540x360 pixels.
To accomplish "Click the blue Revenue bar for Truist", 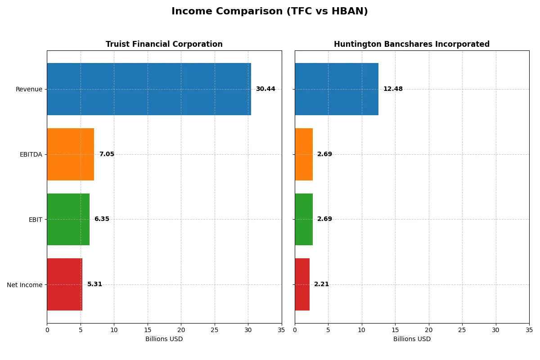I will point(148,89).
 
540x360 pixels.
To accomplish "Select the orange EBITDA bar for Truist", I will point(70,154).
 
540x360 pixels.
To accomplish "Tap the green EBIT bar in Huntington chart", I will point(304,219).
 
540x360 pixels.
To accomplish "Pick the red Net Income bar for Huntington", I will point(302,284).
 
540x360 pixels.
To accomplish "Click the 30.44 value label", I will point(265,89).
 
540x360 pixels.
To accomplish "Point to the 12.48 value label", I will point(393,89).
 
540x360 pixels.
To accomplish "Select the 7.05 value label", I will point(107,154).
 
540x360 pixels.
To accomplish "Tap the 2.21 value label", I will point(321,284).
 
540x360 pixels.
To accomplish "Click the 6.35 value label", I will point(102,219).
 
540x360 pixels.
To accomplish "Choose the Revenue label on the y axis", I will point(29,89).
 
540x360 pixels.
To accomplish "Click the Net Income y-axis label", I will point(25,285).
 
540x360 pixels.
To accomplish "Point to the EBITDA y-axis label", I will point(31,154).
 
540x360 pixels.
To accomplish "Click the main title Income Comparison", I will point(270,12).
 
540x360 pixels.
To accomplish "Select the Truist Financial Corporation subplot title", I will point(164,44).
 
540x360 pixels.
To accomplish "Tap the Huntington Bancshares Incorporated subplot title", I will point(412,44).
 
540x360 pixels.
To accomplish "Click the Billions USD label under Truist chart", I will point(164,339).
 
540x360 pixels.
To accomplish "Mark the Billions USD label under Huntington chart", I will point(412,339).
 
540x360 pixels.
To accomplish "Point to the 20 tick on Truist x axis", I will point(181,330).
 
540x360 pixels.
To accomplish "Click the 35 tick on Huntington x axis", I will point(529,330).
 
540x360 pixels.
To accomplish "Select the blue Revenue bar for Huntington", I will point(337,89).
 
